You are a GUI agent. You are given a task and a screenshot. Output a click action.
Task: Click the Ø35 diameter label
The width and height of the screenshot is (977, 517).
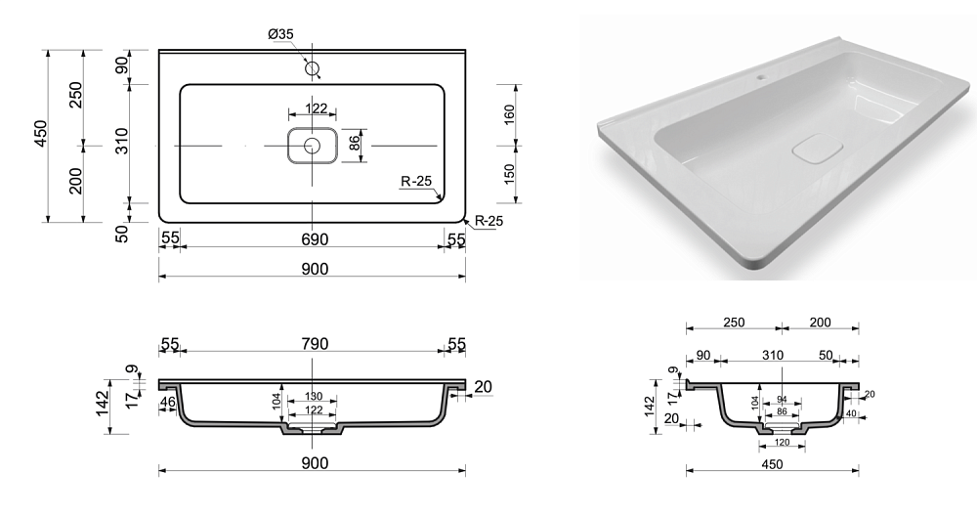pos(281,34)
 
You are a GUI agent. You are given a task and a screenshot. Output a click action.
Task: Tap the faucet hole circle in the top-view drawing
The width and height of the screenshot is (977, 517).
pos(313,68)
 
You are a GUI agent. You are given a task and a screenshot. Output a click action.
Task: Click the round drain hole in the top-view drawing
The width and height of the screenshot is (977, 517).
pos(312,146)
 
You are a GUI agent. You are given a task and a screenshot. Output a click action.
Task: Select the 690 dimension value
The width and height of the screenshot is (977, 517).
pos(315,239)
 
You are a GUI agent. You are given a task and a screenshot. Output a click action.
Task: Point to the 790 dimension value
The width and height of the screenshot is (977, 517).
pos(315,344)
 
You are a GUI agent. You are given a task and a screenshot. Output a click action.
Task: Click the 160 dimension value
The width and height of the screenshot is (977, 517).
pos(509,114)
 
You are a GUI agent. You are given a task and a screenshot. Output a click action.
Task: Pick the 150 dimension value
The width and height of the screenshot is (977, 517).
pos(509,174)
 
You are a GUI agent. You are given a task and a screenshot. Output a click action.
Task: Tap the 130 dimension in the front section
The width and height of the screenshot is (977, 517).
pos(314,397)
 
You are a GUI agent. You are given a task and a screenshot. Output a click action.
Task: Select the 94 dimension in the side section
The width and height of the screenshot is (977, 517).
pos(782,400)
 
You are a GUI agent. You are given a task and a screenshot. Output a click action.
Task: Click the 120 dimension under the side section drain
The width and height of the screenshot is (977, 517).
pos(782,443)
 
